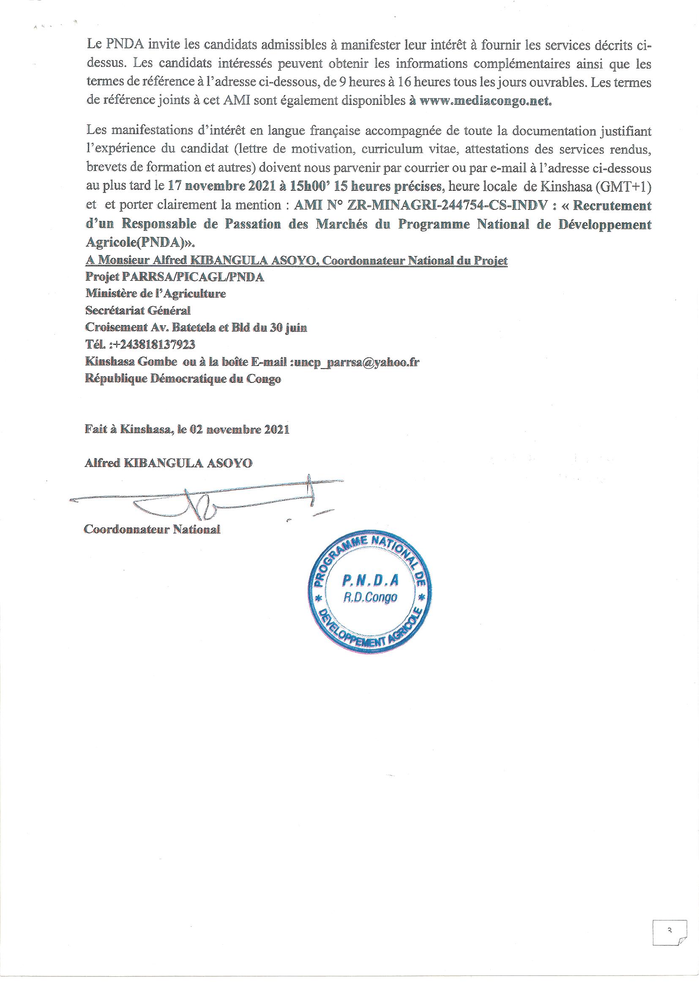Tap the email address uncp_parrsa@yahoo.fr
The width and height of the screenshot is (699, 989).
pyautogui.click(x=356, y=362)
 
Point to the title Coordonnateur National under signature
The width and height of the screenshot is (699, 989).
pyautogui.click(x=152, y=529)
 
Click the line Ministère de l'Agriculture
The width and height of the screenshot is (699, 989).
pyautogui.click(x=156, y=294)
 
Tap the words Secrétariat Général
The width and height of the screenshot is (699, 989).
pyautogui.click(x=138, y=310)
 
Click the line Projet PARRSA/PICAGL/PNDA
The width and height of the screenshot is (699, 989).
pyautogui.click(x=175, y=277)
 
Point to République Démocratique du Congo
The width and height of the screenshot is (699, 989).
pyautogui.click(x=183, y=379)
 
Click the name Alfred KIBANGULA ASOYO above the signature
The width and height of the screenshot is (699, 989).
pyautogui.click(x=169, y=464)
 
